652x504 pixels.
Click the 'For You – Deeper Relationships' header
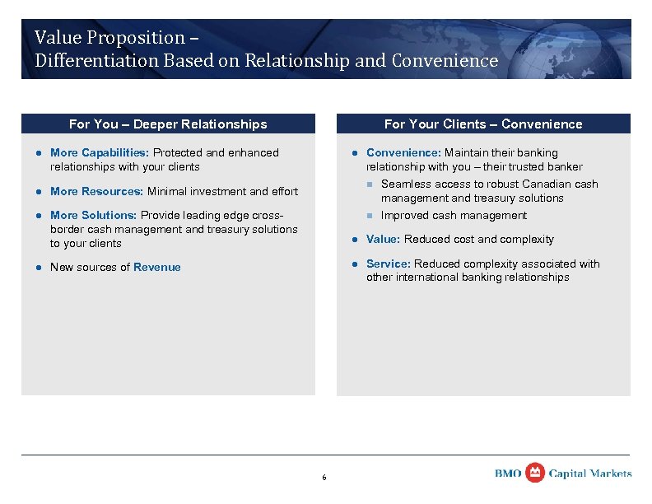pyautogui.click(x=168, y=124)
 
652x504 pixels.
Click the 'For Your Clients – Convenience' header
pyautogui.click(x=483, y=124)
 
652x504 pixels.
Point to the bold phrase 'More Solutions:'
pyautogui.click(x=94, y=216)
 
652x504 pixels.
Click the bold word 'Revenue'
pyautogui.click(x=157, y=267)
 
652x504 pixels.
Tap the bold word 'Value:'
pyautogui.click(x=383, y=240)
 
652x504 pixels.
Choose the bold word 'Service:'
pyautogui.click(x=389, y=264)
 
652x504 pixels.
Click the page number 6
pyautogui.click(x=324, y=478)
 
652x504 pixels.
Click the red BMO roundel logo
pyautogui.click(x=535, y=473)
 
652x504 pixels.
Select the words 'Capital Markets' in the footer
pyautogui.click(x=590, y=474)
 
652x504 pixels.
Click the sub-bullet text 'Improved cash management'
pyautogui.click(x=454, y=216)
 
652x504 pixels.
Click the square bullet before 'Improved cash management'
pyautogui.click(x=370, y=216)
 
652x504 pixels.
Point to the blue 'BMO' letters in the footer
pyautogui.click(x=508, y=474)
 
